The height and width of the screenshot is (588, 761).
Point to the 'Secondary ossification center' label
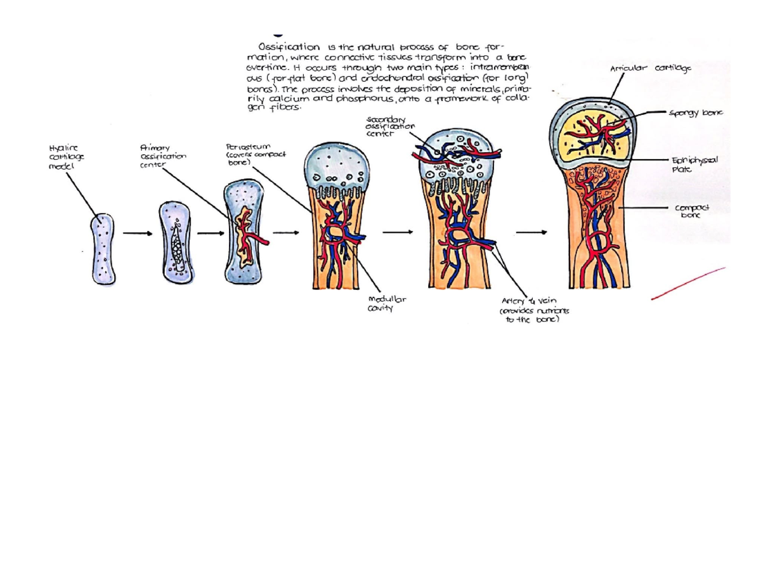pos(390,126)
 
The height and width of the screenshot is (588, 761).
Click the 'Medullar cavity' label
pos(382,304)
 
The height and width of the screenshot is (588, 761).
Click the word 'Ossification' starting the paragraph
pos(289,47)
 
